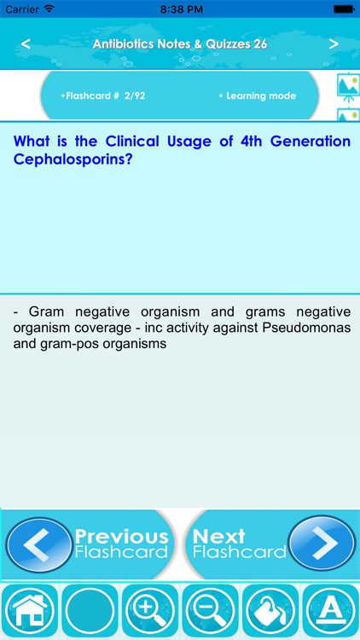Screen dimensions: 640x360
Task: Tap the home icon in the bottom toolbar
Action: pyautogui.click(x=29, y=611)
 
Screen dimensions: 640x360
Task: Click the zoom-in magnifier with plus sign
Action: pyautogui.click(x=150, y=611)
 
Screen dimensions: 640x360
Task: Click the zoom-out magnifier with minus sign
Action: pyautogui.click(x=210, y=611)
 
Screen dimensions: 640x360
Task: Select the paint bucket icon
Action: pyautogui.click(x=270, y=611)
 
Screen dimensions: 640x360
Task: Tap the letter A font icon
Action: pyautogui.click(x=330, y=611)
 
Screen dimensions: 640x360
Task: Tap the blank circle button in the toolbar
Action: pyautogui.click(x=90, y=611)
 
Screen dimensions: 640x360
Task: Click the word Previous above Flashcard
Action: pyautogui.click(x=121, y=537)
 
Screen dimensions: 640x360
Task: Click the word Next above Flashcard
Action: pyautogui.click(x=219, y=537)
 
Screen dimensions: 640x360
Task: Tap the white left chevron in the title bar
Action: pyautogui.click(x=26, y=44)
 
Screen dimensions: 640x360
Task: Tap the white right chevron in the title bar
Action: pyautogui.click(x=334, y=44)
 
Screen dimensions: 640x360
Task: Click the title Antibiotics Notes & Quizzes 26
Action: pyautogui.click(x=180, y=44)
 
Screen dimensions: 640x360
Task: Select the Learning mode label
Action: pyautogui.click(x=257, y=96)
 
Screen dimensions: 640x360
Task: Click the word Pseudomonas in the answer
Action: pyautogui.click(x=305, y=329)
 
